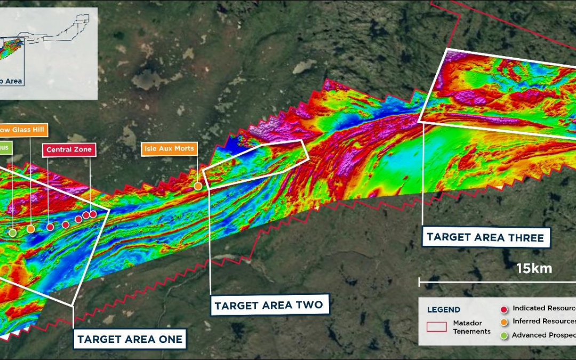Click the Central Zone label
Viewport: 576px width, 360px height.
point(69,150)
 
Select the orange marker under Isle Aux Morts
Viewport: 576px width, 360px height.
point(198,186)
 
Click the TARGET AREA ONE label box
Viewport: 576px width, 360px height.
point(130,339)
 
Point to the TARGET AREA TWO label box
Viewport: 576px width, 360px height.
point(268,306)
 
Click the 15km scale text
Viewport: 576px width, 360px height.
point(534,268)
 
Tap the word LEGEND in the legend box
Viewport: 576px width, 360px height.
point(444,310)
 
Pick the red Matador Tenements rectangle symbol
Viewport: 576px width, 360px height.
point(437,326)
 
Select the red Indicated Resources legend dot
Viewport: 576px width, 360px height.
point(504,309)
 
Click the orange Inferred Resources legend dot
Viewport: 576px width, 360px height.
point(504,322)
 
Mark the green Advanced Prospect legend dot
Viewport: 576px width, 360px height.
point(504,335)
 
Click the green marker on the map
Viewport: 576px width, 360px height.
point(12,233)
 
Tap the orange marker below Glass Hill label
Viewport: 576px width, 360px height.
point(30,229)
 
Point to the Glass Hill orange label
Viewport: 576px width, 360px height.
point(24,129)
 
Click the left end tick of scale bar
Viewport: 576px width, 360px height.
point(420,282)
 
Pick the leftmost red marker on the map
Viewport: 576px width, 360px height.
point(50,227)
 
